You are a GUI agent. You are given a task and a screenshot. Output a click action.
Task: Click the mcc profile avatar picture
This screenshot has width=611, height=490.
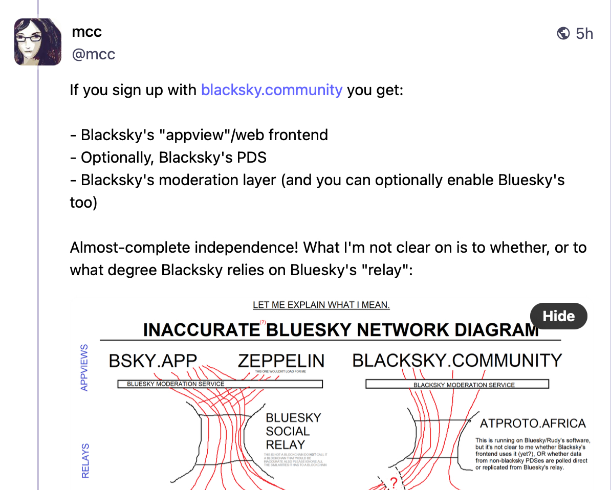point(38,42)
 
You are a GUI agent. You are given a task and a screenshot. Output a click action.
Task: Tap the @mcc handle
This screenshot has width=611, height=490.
point(93,54)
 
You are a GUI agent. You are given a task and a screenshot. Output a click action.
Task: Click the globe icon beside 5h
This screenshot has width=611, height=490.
point(563,34)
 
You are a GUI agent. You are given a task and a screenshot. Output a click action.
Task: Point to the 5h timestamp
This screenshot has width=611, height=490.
point(584,34)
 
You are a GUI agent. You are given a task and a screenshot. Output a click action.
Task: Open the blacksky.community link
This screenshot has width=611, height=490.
point(272,90)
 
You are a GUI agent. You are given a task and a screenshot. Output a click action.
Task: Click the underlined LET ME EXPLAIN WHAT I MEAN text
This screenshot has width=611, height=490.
point(321,305)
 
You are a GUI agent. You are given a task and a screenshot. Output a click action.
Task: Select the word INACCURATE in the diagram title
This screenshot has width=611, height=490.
point(201,330)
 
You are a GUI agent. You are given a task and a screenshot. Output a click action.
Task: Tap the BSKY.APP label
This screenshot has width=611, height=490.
point(152,361)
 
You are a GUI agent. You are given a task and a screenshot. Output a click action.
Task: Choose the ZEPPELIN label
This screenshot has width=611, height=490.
point(281,361)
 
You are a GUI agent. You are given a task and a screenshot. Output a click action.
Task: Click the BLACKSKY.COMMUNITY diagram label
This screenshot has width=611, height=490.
point(457,361)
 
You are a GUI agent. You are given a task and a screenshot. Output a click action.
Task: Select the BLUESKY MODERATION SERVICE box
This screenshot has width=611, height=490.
point(220,384)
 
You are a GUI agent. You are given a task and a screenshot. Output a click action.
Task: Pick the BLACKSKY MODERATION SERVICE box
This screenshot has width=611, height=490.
point(457,385)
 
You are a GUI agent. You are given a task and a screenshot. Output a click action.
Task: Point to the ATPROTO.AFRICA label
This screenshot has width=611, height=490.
point(532,424)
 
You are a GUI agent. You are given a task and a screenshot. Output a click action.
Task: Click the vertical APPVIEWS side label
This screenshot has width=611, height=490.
point(84,367)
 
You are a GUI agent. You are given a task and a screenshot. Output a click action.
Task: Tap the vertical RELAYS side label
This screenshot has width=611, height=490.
point(85,460)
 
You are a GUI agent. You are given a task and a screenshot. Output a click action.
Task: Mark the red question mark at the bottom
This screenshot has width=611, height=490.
point(394,482)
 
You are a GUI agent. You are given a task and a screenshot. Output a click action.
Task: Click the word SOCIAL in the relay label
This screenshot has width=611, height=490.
point(288,431)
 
